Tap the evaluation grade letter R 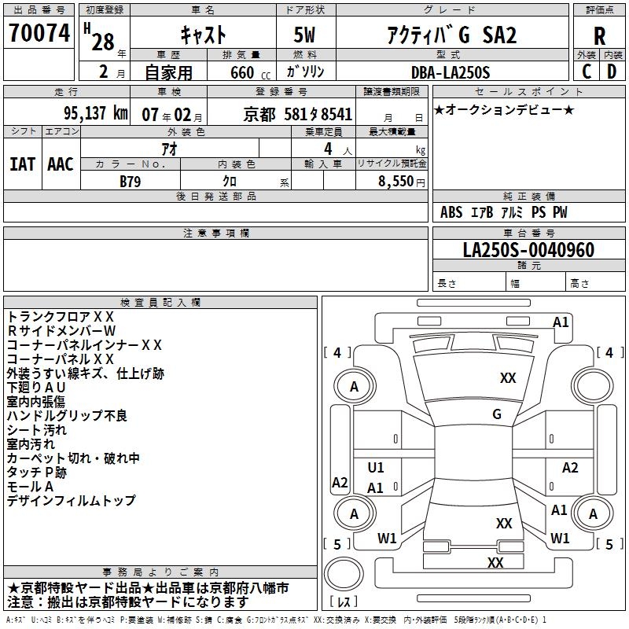pos(599,36)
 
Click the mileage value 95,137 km pos(96,113)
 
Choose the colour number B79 pos(131,180)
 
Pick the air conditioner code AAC pos(61,164)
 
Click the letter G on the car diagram pos(497,414)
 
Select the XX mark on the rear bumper pos(495,562)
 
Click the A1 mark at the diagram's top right pos(561,322)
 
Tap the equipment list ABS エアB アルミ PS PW pos(503,212)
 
